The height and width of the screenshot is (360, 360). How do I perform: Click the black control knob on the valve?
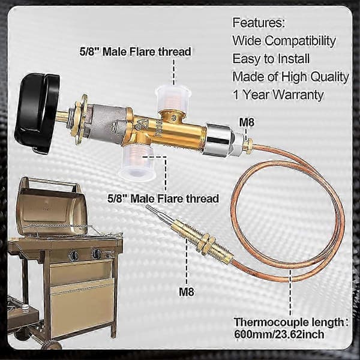37,113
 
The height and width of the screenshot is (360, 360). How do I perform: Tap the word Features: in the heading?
259,23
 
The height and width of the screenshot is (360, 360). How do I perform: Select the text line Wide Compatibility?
284,41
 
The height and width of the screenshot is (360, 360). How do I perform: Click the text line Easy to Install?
271,59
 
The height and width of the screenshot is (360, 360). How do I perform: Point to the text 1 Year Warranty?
278,95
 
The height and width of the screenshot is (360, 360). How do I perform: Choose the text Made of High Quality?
290,77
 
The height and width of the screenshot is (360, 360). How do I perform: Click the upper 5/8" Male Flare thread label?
135,52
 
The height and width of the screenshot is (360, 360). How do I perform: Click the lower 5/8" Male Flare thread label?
163,199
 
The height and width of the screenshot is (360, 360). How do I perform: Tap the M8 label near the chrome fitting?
247,122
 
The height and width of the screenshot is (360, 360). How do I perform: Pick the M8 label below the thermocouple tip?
187,292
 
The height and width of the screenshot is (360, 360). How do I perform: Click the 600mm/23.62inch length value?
279,334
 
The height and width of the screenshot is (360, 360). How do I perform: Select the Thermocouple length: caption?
291,322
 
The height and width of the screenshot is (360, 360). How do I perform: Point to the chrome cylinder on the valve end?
217,140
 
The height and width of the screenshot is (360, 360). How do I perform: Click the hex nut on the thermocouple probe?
205,244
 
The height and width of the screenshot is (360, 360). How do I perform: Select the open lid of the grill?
52,206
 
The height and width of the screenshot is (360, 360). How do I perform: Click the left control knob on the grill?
73,255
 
